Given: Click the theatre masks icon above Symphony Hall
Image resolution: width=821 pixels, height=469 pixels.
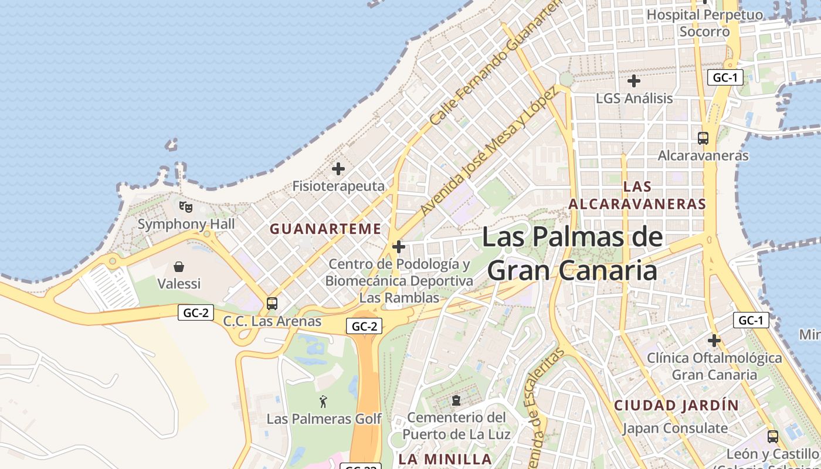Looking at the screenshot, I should (x=185, y=206).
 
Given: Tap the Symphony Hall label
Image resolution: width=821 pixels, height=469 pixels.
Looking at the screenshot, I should (x=186, y=224).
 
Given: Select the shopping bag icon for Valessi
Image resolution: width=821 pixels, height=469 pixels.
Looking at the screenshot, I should (x=179, y=267).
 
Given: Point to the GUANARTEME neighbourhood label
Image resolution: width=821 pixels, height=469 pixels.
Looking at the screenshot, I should (x=325, y=229).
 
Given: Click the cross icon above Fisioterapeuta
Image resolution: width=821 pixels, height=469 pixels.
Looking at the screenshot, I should (x=338, y=169).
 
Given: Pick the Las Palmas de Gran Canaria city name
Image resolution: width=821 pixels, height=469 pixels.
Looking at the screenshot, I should (x=572, y=254).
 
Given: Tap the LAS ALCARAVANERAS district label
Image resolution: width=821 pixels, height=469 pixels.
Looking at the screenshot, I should (x=637, y=195).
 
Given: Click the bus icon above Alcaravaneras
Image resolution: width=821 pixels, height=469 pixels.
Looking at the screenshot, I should (x=703, y=138).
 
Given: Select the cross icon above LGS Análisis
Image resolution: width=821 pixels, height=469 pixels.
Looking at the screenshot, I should (x=634, y=81).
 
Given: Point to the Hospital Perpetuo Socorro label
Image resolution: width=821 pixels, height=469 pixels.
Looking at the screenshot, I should (x=705, y=23).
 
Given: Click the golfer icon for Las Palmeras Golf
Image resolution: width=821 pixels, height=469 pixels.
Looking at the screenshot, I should (x=323, y=402).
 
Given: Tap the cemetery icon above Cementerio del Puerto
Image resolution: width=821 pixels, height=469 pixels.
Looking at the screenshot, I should (x=456, y=401).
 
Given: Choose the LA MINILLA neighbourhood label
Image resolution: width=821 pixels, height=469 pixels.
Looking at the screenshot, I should (x=445, y=459).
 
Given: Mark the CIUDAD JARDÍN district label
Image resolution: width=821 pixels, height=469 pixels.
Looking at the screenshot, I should (x=676, y=405).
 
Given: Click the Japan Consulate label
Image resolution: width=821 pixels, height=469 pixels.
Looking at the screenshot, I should (x=675, y=429).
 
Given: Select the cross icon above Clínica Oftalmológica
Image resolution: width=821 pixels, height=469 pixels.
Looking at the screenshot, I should (x=714, y=340).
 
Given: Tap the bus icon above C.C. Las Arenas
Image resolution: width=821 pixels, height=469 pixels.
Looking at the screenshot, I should (x=272, y=304).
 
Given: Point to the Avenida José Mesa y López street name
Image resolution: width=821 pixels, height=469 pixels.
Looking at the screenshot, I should (x=487, y=152).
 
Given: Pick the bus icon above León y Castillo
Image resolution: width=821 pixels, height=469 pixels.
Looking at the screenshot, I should (x=773, y=437).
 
